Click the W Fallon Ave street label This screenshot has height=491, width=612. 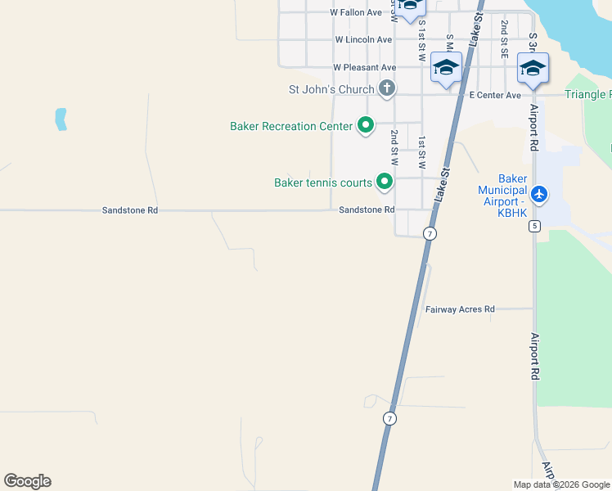356,12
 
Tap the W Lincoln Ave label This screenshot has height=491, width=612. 363,39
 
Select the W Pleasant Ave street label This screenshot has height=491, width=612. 364,67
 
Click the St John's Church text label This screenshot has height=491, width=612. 331,88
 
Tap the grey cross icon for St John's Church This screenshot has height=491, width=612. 387,88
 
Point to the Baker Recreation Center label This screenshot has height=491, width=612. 291,126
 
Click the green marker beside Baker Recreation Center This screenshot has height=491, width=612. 365,126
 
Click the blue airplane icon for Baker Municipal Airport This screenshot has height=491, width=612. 538,194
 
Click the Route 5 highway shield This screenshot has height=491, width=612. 534,226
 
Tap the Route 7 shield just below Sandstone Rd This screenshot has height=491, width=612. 430,234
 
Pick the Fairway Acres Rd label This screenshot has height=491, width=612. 460,309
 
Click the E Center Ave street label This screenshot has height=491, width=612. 494,95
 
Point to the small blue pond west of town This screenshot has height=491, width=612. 60,119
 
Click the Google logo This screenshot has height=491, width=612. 28,481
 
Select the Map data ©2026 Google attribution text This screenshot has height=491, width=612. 561,484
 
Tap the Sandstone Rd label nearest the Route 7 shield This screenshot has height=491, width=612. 367,210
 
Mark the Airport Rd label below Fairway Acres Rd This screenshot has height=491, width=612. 535,350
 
